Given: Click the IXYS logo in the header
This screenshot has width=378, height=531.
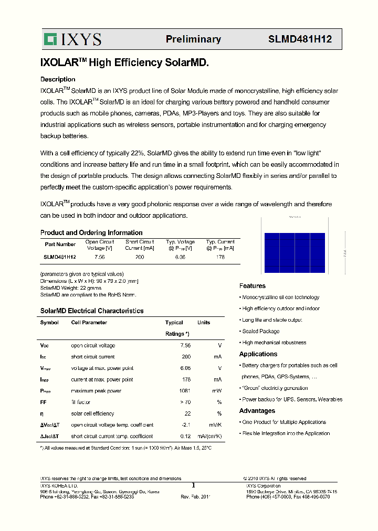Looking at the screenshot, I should click(72, 39).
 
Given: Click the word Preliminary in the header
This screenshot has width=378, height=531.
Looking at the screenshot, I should click(193, 39).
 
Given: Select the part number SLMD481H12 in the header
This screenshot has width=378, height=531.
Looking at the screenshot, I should click(300, 39).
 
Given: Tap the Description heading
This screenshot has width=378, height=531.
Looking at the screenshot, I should click(58, 80).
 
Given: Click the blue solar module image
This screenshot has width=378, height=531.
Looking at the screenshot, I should click(294, 253).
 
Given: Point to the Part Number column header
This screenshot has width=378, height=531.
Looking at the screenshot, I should click(60, 245).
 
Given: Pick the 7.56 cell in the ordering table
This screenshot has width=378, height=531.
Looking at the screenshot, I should click(99, 257).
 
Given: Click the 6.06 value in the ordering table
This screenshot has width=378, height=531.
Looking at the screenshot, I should click(180, 257).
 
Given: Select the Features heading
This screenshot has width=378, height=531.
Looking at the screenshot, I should click(253, 286).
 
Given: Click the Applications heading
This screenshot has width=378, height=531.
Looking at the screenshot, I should click(258, 354).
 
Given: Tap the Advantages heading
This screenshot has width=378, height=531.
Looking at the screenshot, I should click(257, 411).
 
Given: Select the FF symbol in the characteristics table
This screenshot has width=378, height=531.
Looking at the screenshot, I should click(44, 402).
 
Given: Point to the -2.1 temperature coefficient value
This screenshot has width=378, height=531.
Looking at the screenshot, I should click(185, 425).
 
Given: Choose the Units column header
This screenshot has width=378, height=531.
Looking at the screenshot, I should click(204, 323).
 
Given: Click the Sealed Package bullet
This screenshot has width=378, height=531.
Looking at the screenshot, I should click(260, 332).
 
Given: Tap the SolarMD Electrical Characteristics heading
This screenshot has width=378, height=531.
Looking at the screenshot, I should click(92, 311).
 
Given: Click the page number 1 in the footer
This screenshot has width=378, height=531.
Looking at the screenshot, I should click(193, 486).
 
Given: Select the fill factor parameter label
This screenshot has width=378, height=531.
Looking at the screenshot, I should click(81, 402).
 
